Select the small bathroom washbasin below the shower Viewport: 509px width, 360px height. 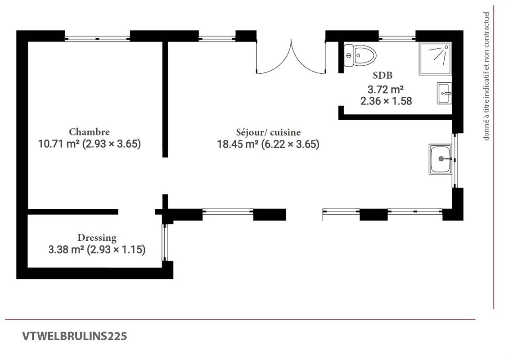(444, 94)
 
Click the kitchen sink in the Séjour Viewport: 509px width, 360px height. (441, 159)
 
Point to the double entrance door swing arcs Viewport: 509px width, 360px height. (291, 58)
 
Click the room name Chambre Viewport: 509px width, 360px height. (89, 132)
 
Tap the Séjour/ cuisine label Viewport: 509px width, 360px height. (268, 132)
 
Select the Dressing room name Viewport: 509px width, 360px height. (97, 238)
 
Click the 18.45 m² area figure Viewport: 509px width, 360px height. (238, 144)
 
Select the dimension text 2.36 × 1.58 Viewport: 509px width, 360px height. (386, 101)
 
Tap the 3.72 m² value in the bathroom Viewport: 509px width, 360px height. (386, 89)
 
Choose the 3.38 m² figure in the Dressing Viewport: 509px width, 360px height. (66, 250)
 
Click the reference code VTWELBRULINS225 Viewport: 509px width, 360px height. (74, 336)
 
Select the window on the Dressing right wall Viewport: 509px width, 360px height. (165, 242)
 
